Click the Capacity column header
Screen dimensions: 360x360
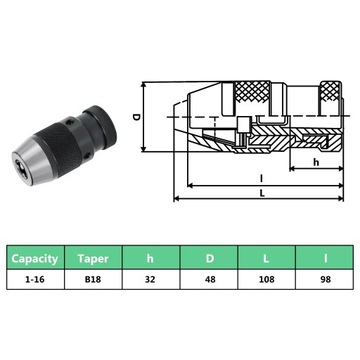coord(35,258)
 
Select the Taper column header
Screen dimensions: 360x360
coord(93,258)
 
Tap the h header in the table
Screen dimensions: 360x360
coord(151,258)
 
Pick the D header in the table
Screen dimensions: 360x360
coord(209,258)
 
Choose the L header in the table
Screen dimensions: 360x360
coord(266,258)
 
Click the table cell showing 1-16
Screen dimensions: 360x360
coord(35,279)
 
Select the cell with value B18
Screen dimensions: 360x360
coord(93,279)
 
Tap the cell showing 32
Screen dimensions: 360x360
coord(151,279)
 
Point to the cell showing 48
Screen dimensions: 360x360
coord(209,279)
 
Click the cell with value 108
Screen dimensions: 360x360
coord(266,279)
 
